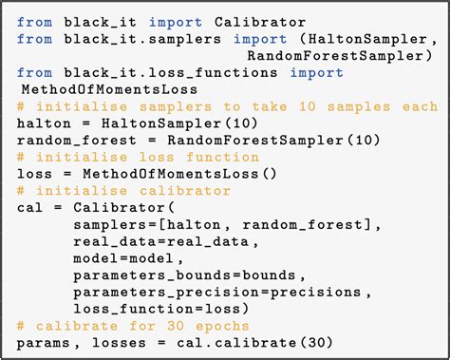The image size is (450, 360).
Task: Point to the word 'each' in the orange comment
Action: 417,105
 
